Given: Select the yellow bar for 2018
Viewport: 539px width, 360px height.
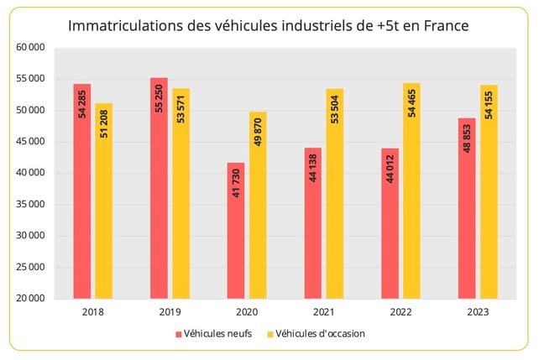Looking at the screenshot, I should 103,201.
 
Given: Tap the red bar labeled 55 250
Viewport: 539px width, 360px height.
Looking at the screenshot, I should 159,188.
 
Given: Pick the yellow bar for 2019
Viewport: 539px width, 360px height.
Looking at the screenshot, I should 181,193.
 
